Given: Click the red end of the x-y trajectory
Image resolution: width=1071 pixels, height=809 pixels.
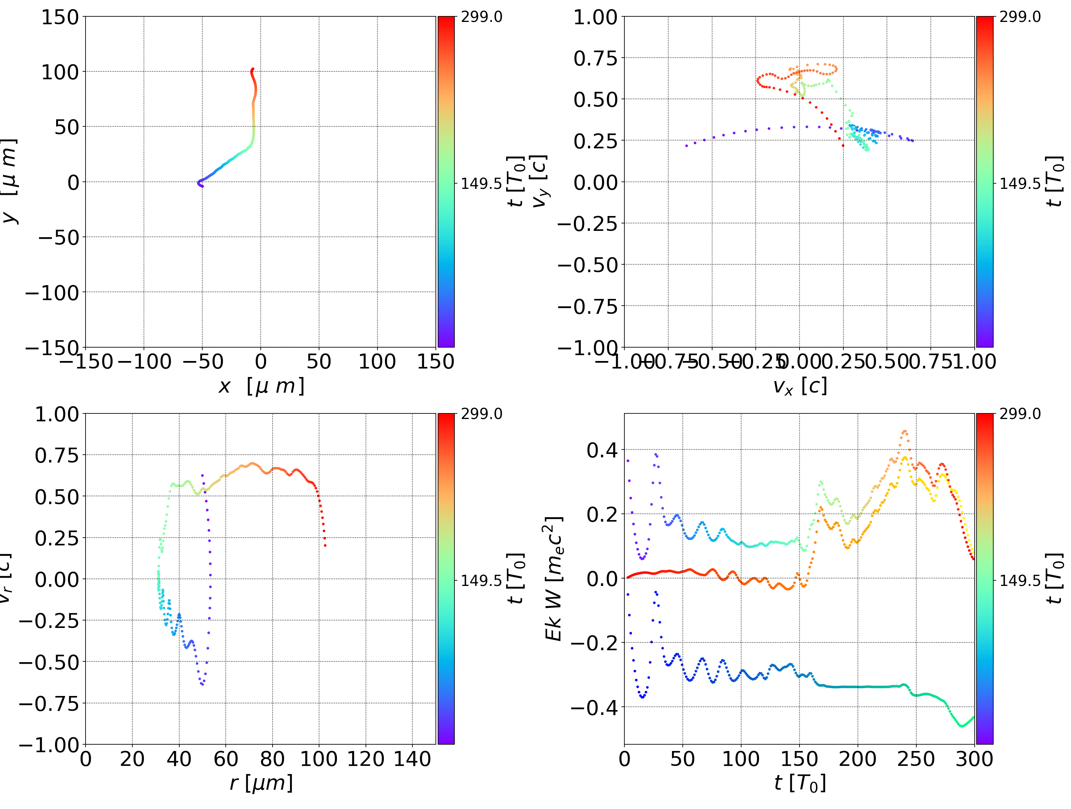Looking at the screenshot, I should [x=252, y=69].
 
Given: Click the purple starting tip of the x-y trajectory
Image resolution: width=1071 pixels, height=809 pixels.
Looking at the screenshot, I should [x=202, y=186].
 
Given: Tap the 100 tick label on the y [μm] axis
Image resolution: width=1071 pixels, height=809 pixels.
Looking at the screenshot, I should [x=59, y=72].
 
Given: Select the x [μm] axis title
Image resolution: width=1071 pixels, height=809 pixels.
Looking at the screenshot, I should [x=261, y=386].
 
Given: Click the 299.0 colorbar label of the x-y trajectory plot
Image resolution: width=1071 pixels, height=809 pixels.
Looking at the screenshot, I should [x=481, y=17].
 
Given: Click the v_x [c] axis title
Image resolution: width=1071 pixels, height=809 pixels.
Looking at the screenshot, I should [x=800, y=386].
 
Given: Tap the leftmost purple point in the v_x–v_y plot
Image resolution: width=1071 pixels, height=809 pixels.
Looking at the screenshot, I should [x=686, y=145].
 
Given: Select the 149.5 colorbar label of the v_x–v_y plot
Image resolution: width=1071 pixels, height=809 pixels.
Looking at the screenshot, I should [x=1020, y=184].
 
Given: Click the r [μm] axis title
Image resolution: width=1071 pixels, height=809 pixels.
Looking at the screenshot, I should [x=261, y=783].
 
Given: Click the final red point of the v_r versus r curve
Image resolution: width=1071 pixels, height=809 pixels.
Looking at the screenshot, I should [x=325, y=546].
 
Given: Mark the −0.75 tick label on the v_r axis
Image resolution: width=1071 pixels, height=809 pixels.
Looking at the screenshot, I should [x=48, y=703].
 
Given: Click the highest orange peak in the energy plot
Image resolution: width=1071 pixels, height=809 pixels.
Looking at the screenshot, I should [x=904, y=431].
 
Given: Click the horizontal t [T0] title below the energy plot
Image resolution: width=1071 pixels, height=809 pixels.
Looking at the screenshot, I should [x=800, y=783].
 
